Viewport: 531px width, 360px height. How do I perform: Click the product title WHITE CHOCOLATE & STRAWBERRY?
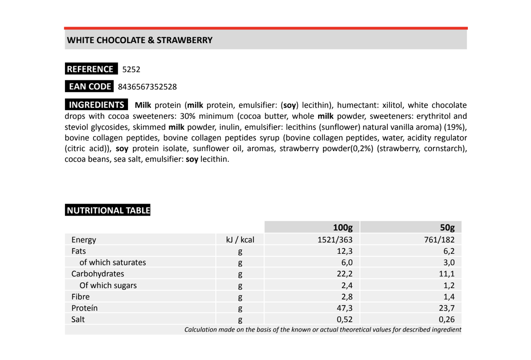point(140,40)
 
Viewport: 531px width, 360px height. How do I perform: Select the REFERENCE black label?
point(91,69)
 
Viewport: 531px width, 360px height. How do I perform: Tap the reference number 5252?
point(131,69)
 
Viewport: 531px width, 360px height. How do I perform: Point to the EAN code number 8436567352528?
point(147,87)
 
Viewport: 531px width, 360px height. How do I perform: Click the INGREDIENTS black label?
point(96,105)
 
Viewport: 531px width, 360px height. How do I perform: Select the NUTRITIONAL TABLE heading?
point(108,210)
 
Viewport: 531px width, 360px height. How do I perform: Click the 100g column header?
point(343,228)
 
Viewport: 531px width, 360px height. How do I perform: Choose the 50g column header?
point(447,228)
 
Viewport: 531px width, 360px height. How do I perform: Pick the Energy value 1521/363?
point(335,240)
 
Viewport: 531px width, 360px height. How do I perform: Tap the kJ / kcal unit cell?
point(240,240)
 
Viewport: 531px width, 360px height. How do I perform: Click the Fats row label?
point(79,251)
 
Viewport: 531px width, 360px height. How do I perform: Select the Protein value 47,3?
point(345,308)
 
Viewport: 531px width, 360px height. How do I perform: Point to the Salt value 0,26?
point(447,319)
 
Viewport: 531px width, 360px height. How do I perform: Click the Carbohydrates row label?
point(98,274)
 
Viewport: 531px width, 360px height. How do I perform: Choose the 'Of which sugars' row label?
point(108,285)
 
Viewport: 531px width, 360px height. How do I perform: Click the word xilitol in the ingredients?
point(391,105)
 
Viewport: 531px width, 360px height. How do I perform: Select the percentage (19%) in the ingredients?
point(455,127)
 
